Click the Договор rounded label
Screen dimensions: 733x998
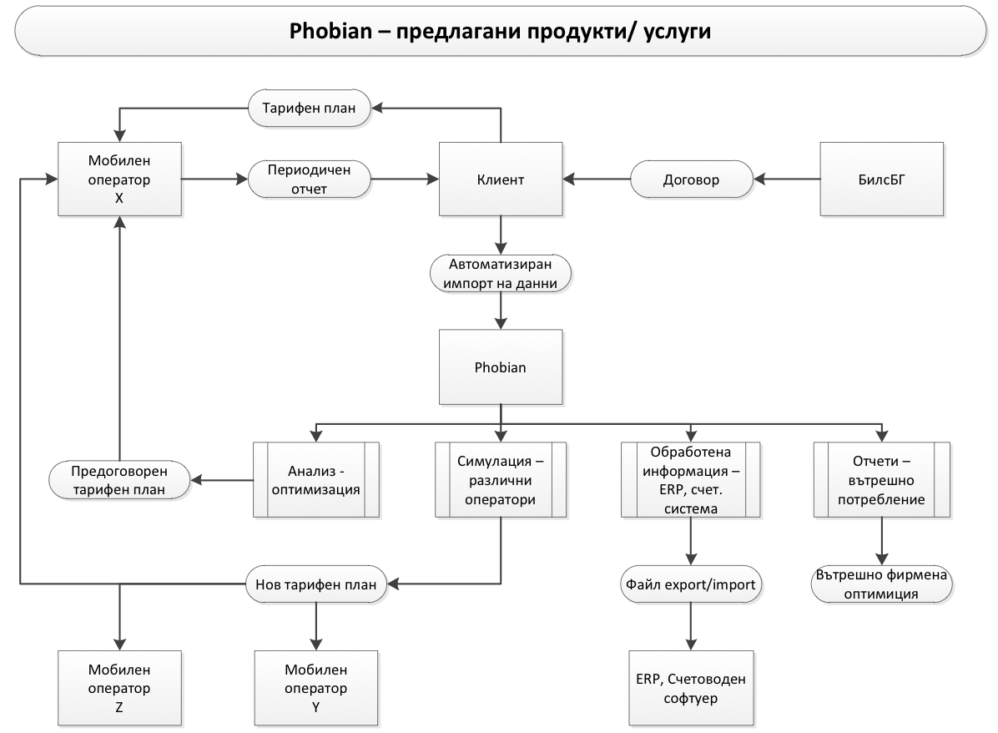(691, 178)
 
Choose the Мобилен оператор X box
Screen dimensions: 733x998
(120, 178)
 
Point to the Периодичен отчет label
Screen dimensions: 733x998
(310, 178)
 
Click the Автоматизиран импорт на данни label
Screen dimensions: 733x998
(500, 273)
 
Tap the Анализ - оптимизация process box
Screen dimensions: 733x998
(316, 479)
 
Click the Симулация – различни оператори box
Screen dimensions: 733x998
(500, 479)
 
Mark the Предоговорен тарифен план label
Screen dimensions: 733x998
(119, 479)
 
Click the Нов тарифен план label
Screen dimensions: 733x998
(316, 583)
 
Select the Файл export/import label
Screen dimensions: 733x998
(690, 584)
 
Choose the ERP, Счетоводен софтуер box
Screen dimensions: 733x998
(691, 687)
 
